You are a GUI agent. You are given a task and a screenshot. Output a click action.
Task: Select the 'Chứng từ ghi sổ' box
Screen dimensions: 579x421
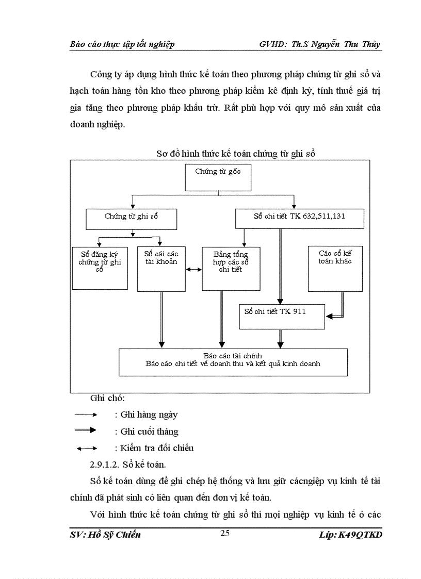click(x=132, y=219)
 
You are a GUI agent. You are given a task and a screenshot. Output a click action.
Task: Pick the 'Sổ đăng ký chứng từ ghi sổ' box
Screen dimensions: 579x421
click(x=100, y=268)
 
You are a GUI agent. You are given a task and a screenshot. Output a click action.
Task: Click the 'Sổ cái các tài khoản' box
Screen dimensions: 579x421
click(x=161, y=268)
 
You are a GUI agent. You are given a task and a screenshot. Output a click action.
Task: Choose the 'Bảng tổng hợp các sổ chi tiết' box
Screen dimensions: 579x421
click(x=231, y=268)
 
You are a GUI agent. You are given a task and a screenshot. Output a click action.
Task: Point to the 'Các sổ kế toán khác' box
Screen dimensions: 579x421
click(x=335, y=268)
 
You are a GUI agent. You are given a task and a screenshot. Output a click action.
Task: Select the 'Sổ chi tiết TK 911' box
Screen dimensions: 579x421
click(x=282, y=316)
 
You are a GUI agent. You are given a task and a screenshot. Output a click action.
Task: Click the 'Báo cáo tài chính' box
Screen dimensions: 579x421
click(x=233, y=362)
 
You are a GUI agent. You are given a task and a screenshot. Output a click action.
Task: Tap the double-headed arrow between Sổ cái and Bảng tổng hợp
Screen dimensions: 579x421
click(x=194, y=269)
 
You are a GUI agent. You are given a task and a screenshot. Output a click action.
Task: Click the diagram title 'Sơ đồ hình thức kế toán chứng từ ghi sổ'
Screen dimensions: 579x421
click(x=236, y=154)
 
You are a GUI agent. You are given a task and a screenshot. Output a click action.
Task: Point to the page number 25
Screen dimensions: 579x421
click(x=224, y=534)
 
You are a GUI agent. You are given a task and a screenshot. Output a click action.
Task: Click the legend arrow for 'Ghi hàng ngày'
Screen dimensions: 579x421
click(x=86, y=415)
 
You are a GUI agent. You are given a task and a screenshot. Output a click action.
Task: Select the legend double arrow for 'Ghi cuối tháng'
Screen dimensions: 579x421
click(x=86, y=431)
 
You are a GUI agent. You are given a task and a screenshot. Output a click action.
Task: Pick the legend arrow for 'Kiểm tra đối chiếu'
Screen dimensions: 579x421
click(x=86, y=448)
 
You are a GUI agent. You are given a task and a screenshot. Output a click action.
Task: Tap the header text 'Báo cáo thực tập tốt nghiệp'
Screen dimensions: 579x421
click(x=122, y=44)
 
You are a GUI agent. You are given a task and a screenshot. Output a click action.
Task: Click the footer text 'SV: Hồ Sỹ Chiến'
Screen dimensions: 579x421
click(x=105, y=535)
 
